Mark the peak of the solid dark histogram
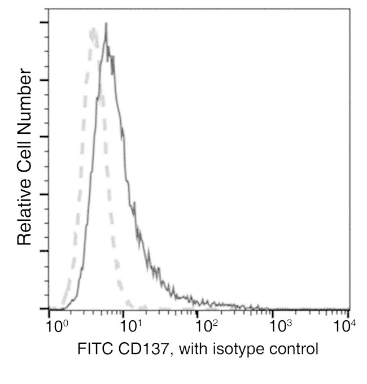coord(106,25)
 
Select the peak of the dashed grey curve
coord(92,29)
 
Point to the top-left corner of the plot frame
coord(49,9)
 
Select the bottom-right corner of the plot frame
coord(348,309)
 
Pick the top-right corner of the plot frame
coord(348,9)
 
